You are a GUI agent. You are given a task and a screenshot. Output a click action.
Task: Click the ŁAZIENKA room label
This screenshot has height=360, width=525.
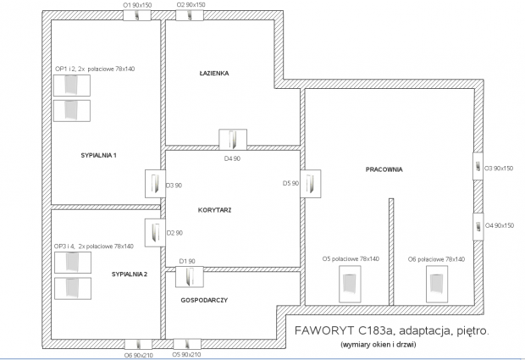pyautogui.click(x=214, y=74)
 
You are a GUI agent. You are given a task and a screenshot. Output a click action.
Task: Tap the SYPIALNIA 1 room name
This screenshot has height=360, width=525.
pyautogui.click(x=99, y=155)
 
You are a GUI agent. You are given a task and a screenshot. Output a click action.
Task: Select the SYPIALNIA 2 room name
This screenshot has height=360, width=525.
pyautogui.click(x=130, y=274)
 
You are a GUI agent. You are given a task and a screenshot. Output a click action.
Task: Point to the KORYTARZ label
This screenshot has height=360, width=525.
pyautogui.click(x=214, y=210)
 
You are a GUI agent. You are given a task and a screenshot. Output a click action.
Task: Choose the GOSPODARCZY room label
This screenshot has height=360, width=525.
pyautogui.click(x=204, y=301)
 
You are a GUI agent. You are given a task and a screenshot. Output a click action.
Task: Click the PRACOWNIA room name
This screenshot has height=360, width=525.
pyautogui.click(x=384, y=169)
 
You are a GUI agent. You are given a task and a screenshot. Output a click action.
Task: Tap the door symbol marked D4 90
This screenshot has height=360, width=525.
pyautogui.click(x=233, y=140)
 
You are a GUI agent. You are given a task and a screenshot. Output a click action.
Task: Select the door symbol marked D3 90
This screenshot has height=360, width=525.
pyautogui.click(x=155, y=184)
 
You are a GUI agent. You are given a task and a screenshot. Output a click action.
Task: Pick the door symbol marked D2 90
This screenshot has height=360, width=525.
pyautogui.click(x=155, y=233)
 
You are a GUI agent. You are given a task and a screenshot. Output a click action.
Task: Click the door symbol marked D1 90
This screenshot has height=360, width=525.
pyautogui.click(x=190, y=277)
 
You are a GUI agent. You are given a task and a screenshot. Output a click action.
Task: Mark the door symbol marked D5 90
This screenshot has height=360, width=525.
pyautogui.click(x=311, y=184)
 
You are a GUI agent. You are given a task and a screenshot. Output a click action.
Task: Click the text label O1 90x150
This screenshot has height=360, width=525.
pyautogui.click(x=137, y=5)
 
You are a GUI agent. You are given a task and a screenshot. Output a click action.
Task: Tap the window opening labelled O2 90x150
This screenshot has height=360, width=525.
pyautogui.click(x=190, y=15)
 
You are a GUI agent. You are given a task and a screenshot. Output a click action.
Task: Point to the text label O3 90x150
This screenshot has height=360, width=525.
pyautogui.click(x=499, y=169)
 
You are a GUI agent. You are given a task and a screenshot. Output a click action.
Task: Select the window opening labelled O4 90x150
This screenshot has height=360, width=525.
pyautogui.click(x=478, y=227)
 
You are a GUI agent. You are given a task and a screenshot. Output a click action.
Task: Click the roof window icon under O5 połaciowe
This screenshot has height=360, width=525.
pyautogui.click(x=350, y=284)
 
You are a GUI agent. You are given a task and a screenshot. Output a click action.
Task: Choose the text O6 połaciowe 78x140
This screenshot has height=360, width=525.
pyautogui.click(x=436, y=259)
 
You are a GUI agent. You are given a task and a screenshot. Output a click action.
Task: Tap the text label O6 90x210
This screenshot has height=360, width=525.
pyautogui.click(x=139, y=355)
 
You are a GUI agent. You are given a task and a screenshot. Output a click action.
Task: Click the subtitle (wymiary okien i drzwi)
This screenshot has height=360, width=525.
pyautogui.click(x=379, y=344)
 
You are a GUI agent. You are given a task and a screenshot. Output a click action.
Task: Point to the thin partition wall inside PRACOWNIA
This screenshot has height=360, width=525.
pyautogui.click(x=391, y=252)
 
